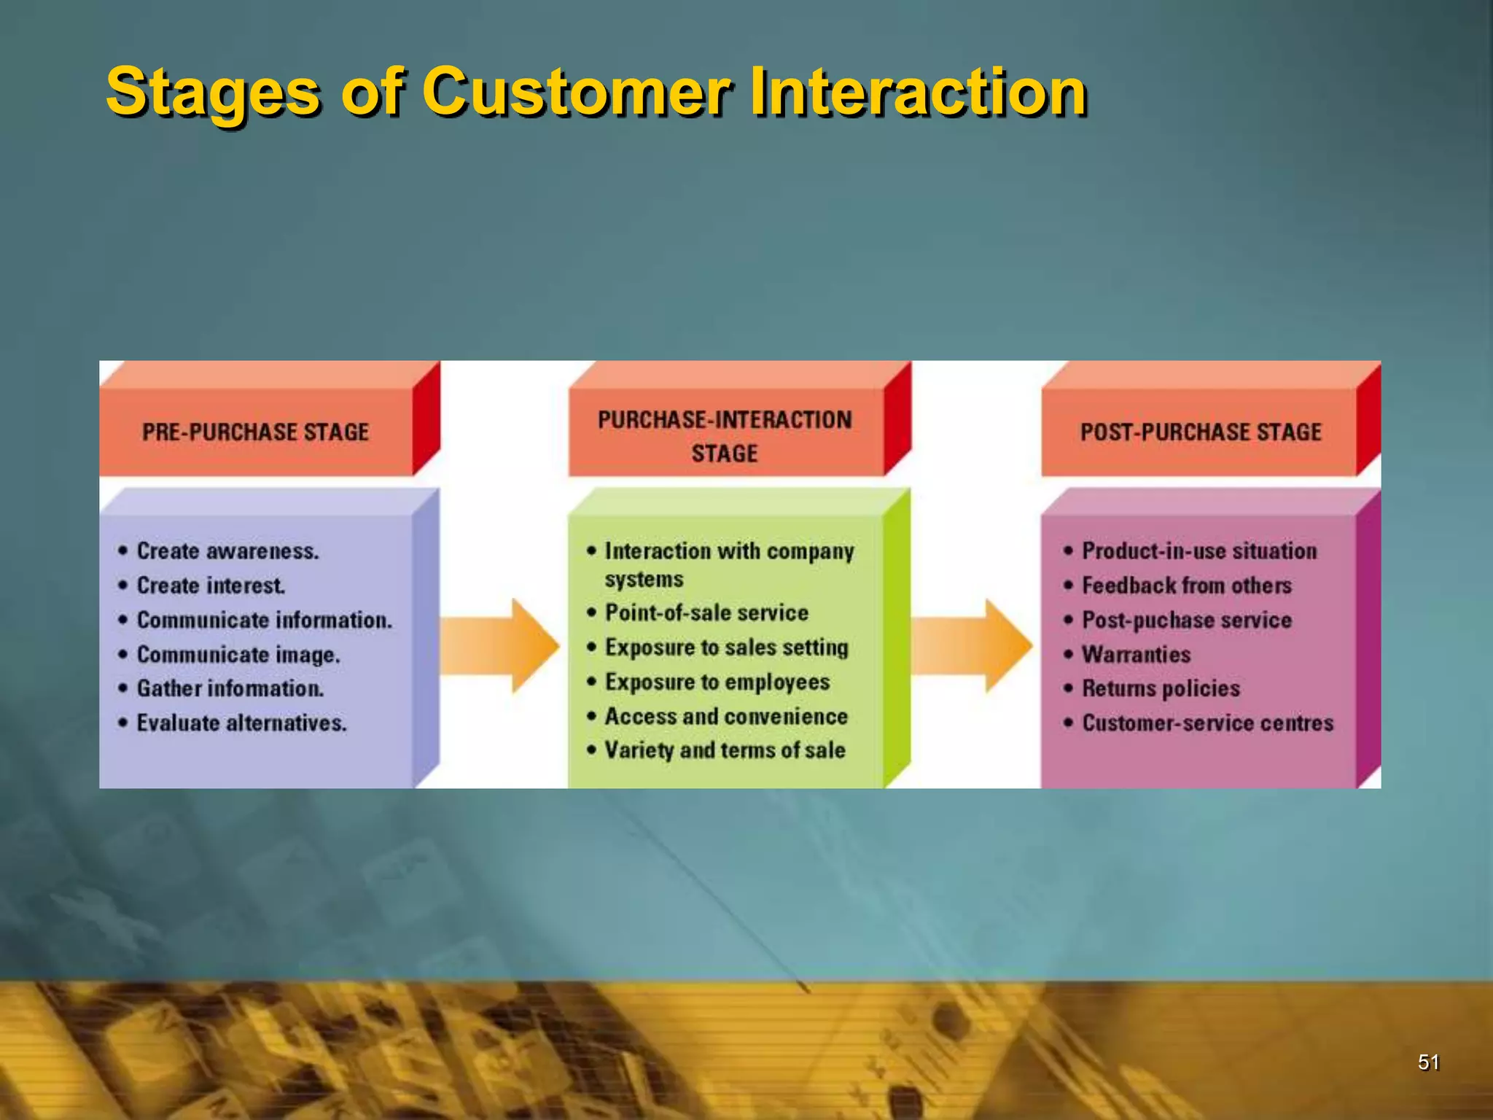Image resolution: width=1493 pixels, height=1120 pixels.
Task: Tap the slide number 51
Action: click(1428, 1062)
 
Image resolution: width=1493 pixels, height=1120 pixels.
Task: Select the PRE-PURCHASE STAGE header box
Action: click(256, 432)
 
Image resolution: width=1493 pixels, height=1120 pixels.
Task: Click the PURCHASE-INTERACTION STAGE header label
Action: click(725, 436)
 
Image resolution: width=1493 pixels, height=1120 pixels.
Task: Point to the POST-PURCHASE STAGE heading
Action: click(1200, 432)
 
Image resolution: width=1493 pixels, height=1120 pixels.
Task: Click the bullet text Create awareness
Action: click(227, 551)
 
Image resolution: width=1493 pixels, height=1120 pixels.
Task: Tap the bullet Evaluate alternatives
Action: click(241, 723)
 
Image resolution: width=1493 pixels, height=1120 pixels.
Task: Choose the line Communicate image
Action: click(238, 655)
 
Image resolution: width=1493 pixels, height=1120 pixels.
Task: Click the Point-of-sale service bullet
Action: click(706, 612)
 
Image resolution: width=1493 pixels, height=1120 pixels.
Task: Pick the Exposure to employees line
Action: click(717, 682)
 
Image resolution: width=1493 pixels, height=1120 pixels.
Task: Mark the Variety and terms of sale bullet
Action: click(725, 750)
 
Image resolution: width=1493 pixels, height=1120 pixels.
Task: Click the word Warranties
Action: click(1136, 655)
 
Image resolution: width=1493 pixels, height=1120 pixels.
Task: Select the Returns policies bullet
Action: click(1161, 688)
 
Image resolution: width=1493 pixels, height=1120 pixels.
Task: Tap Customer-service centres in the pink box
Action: click(1207, 723)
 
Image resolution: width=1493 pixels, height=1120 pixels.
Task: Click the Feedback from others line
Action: click(1186, 586)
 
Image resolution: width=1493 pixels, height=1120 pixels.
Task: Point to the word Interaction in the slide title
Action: click(919, 92)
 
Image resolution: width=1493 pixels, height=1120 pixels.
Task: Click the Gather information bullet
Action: click(230, 688)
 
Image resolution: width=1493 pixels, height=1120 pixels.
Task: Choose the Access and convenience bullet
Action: click(726, 716)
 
